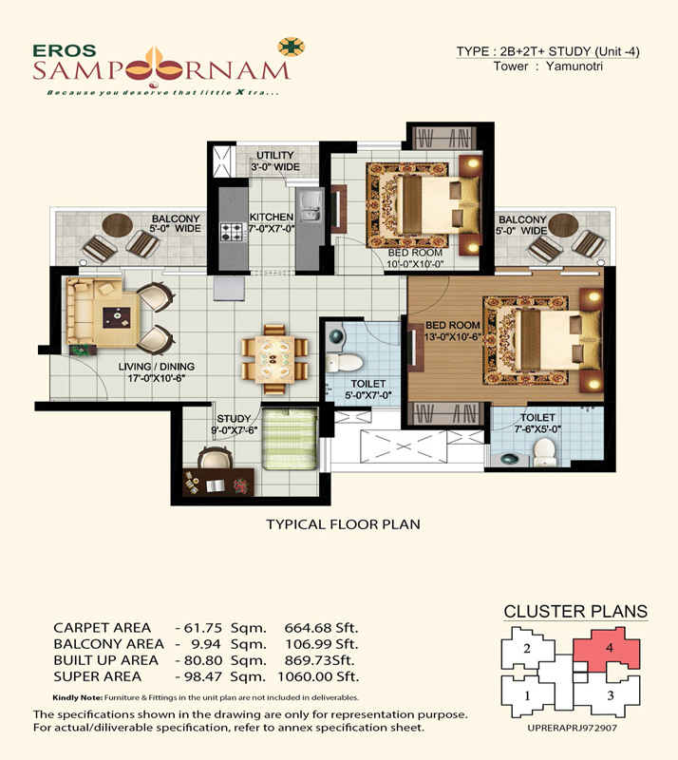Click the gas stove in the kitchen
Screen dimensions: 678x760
pyautogui.click(x=231, y=232)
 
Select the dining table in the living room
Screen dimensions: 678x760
pyautogui.click(x=274, y=360)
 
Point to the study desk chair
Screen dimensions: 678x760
pyautogui.click(x=214, y=457)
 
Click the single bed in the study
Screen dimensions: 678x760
pyautogui.click(x=290, y=439)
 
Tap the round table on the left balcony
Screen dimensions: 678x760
pyautogui.click(x=118, y=225)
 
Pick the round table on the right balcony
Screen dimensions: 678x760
pyautogui.click(x=563, y=224)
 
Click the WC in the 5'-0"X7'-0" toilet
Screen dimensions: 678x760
pyautogui.click(x=344, y=362)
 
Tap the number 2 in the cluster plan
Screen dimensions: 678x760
pyautogui.click(x=527, y=648)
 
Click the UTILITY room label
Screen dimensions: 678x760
pyautogui.click(x=274, y=155)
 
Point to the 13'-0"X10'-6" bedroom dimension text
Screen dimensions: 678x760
pyautogui.click(x=452, y=336)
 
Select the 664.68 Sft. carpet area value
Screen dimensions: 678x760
pyautogui.click(x=321, y=628)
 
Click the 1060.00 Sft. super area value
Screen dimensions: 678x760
pyautogui.click(x=318, y=676)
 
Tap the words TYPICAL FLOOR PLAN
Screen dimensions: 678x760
pyautogui.click(x=343, y=524)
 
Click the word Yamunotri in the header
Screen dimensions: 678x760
pyautogui.click(x=574, y=66)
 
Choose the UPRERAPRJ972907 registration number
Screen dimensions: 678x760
pyautogui.click(x=572, y=728)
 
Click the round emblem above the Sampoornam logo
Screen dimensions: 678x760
pyautogui.click(x=291, y=47)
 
